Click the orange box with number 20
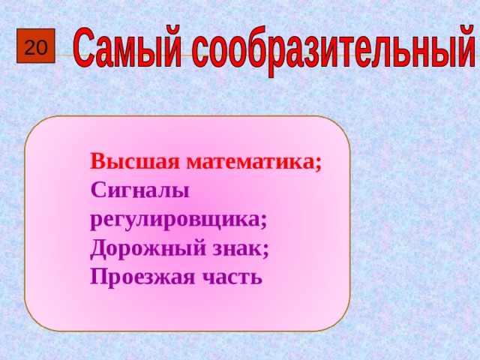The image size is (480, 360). point(34,49)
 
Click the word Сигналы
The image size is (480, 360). point(139,191)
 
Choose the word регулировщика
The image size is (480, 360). point(175,220)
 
